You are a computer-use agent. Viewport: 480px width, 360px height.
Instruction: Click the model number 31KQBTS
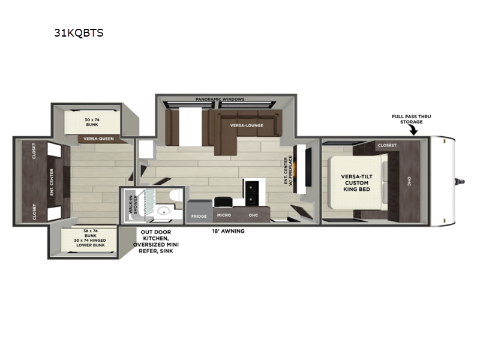(79, 33)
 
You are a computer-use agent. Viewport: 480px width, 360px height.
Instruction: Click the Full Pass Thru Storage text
(407, 118)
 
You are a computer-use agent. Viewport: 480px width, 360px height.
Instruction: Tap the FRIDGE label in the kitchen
(199, 215)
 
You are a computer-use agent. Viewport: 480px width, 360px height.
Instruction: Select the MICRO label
(223, 215)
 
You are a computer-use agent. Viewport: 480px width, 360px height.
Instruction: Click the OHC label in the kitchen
(254, 215)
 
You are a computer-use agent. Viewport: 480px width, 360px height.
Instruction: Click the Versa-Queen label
(98, 139)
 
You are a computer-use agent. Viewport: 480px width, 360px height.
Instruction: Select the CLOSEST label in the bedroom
(388, 145)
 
